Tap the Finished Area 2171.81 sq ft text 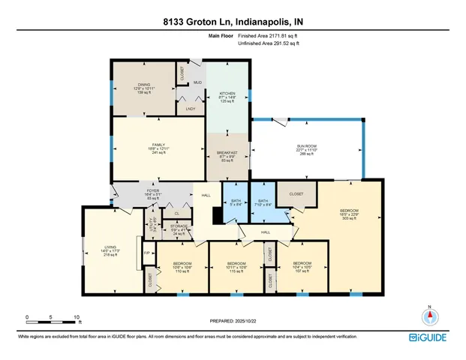click(269, 36)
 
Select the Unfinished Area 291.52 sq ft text click(269, 44)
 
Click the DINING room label click(143, 85)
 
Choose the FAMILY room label click(158, 144)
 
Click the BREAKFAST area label click(227, 153)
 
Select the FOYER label click(153, 191)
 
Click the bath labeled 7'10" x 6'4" click(263, 201)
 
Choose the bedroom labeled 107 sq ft click(303, 263)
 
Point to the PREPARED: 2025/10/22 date click(233, 320)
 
